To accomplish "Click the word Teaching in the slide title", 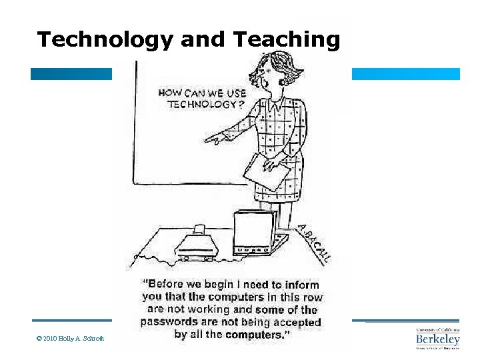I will click(x=287, y=40).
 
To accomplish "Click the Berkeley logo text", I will click(x=437, y=339).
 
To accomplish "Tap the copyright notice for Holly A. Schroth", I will click(x=70, y=339).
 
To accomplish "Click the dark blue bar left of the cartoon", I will click(x=71, y=74).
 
